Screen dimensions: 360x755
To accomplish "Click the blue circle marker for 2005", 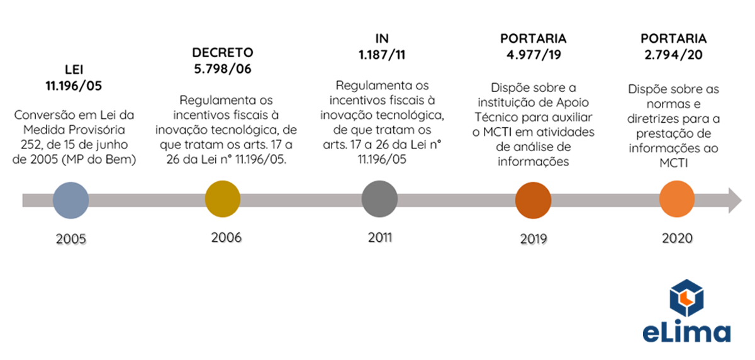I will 70,201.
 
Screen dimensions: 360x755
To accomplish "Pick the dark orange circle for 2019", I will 533,200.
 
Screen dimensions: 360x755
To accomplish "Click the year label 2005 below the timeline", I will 70,239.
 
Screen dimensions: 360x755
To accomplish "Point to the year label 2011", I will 380,237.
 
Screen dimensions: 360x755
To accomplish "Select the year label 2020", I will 677,239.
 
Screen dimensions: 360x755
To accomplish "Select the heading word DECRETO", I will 223,52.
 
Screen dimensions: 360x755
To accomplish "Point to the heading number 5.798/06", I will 223,69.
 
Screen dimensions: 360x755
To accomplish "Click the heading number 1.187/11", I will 382,54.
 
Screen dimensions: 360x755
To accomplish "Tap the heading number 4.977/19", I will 533,54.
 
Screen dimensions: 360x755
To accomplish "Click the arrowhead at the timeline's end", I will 732,200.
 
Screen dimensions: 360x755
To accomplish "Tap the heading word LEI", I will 74,69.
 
